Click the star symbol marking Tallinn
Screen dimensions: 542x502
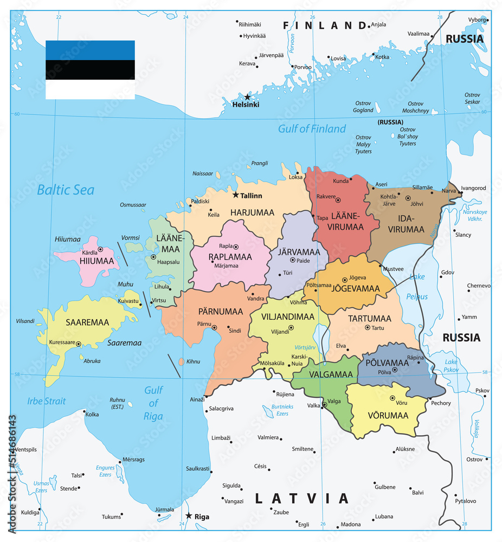click(x=236, y=195)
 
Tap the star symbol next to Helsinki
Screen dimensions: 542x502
click(x=247, y=97)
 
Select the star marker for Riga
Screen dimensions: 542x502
click(x=189, y=515)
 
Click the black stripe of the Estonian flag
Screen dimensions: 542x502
click(x=90, y=69)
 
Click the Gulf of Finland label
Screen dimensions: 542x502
click(x=312, y=128)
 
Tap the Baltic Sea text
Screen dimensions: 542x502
click(x=66, y=190)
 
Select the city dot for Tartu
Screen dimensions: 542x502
click(x=368, y=327)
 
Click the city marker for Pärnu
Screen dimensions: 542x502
click(x=214, y=327)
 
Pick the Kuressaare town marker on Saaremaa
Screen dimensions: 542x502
click(x=79, y=344)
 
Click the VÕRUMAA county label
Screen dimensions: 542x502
click(x=388, y=416)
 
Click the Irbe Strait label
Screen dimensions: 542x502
click(x=47, y=401)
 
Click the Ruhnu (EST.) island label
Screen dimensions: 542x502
click(x=117, y=401)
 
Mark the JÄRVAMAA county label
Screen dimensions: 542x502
click(x=299, y=252)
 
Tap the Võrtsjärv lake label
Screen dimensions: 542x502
click(x=305, y=347)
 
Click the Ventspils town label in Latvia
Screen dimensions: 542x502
click(x=26, y=450)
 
